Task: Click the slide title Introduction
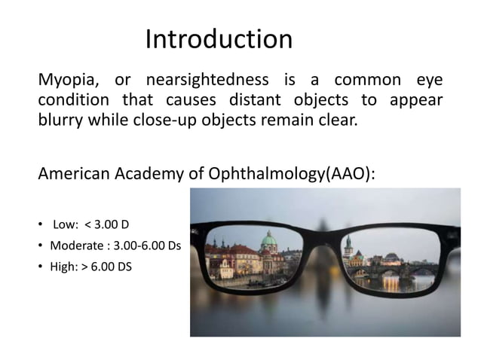coord(219,39)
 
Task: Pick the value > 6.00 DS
coord(106,266)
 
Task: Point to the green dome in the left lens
coord(269,242)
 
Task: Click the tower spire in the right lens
coord(348,243)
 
